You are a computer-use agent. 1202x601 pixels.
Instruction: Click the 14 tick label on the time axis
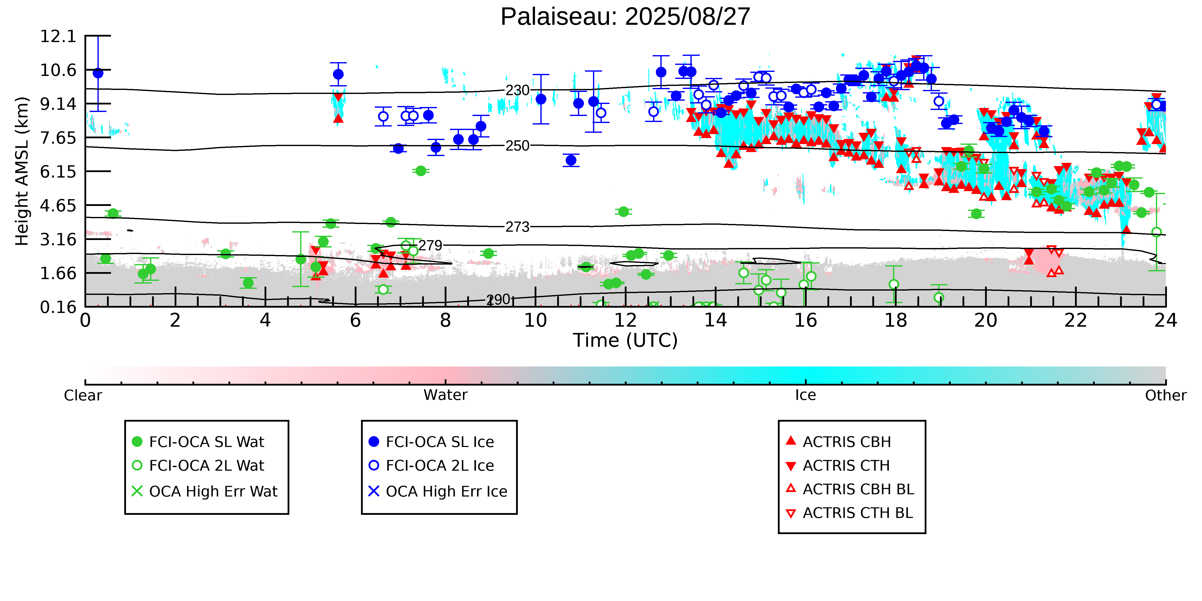(715, 321)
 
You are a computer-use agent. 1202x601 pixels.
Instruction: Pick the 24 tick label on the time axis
(1165, 321)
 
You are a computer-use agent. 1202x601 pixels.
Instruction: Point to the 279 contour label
(430, 246)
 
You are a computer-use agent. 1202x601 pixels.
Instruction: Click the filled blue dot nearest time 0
(98, 73)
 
